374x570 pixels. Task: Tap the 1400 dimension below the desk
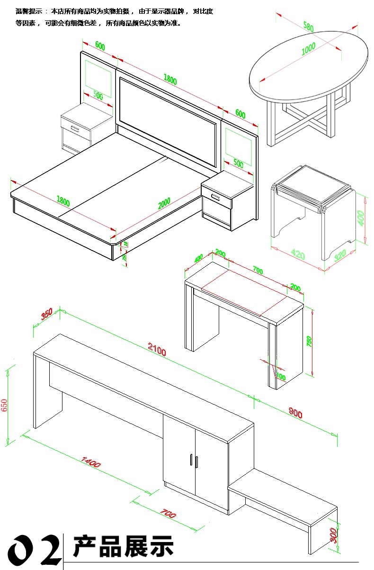click(91, 461)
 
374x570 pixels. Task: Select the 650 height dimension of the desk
click(5, 405)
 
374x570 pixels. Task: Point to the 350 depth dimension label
click(46, 315)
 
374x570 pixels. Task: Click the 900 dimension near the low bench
click(295, 413)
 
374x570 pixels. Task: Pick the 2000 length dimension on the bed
click(164, 203)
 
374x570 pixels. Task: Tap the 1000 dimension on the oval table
click(308, 49)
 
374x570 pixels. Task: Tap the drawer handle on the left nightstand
click(75, 128)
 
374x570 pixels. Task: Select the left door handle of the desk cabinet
click(191, 461)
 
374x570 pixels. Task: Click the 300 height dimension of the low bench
click(334, 535)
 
